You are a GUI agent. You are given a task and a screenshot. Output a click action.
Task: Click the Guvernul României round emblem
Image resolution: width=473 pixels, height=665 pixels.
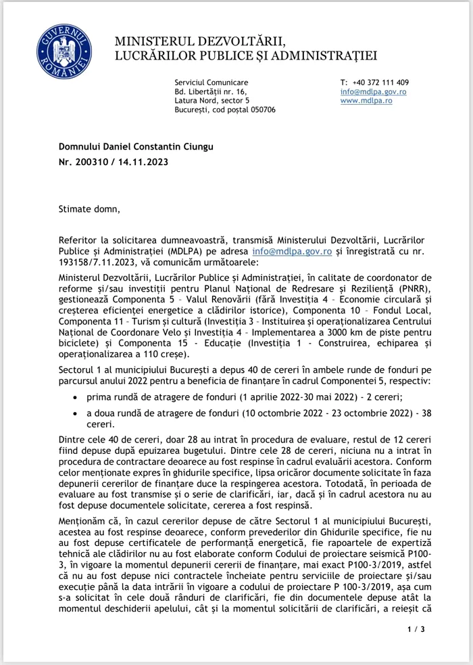click(59, 50)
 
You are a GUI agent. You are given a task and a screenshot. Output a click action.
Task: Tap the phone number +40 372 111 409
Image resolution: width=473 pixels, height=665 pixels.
click(380, 82)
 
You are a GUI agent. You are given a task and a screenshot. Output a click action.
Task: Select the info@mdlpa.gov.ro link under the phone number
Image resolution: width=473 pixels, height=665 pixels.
click(372, 91)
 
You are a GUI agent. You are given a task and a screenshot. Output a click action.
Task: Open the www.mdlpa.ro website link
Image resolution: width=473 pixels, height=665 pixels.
click(366, 100)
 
